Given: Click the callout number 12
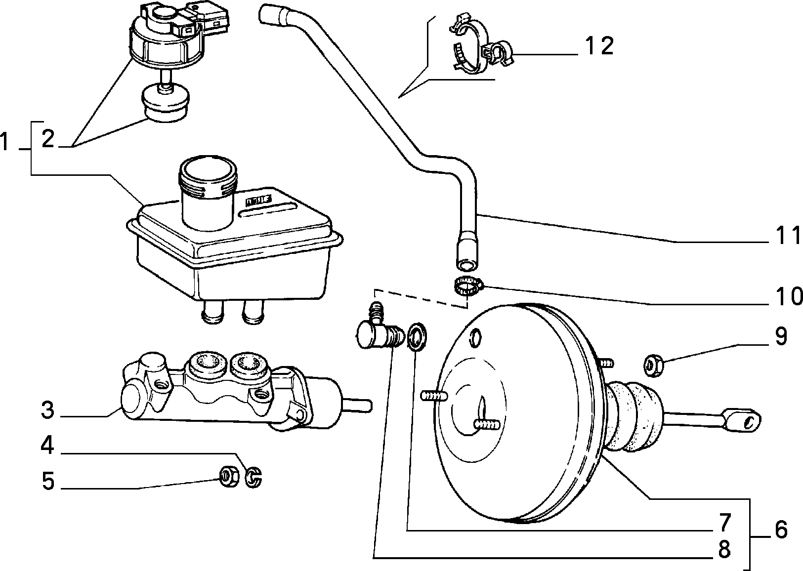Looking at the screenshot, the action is click(599, 46).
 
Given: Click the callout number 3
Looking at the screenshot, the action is click(47, 410).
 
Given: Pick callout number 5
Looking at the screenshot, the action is click(48, 481).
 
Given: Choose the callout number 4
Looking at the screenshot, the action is click(47, 446).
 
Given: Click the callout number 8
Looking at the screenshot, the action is click(724, 549).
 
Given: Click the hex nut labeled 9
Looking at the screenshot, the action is click(653, 366).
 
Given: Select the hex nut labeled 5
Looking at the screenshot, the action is click(229, 477).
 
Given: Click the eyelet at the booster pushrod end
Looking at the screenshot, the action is click(743, 420).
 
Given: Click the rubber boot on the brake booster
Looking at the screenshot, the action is click(633, 416).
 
